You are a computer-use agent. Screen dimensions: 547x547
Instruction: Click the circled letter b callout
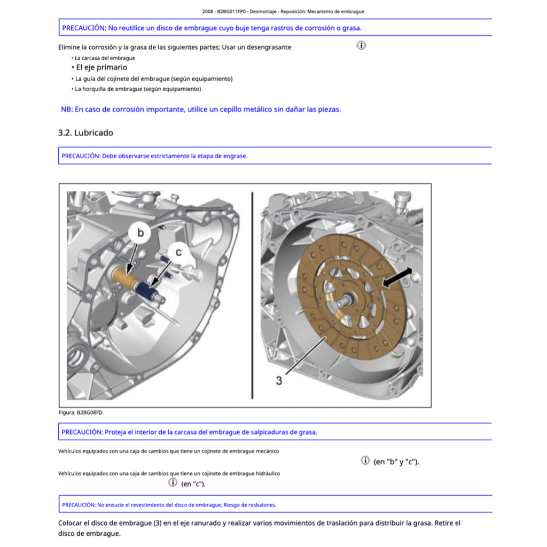140,233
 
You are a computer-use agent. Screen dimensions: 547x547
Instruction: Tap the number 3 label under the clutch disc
279,381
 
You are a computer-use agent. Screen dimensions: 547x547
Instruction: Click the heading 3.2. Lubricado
85,132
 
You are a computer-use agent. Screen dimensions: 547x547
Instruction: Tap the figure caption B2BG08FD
80,412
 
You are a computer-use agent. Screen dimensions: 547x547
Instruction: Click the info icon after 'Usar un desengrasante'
361,45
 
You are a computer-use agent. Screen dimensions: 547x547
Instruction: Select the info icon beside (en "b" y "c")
365,460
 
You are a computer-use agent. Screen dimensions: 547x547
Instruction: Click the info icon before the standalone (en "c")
173,482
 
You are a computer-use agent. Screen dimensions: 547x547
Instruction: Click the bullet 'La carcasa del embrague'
105,58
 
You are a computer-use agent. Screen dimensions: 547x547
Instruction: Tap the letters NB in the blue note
66,110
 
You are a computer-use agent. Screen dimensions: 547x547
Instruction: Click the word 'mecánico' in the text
265,451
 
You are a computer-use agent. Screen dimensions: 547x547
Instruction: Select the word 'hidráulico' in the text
266,473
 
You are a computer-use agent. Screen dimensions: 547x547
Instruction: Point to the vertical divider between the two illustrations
251,295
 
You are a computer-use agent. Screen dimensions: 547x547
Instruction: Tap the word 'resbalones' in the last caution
262,504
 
